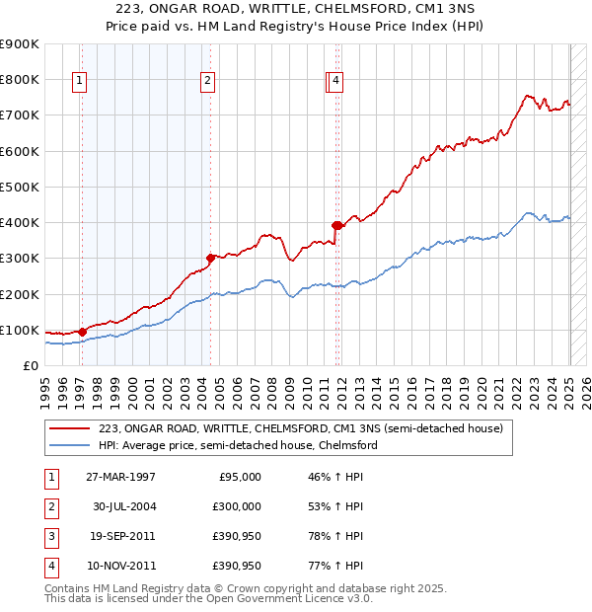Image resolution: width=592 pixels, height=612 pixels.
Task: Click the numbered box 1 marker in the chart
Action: pos(78,82)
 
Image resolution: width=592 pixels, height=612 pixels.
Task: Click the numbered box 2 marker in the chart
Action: pos(208,82)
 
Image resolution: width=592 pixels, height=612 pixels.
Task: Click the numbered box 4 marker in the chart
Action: pos(336,82)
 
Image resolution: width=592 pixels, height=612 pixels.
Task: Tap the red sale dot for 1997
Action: pos(82,332)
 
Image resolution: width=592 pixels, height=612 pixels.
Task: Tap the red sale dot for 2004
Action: pos(210,258)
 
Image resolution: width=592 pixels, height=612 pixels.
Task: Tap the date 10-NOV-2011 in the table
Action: pos(120,566)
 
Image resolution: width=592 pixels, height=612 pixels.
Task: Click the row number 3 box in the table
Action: pos(51,536)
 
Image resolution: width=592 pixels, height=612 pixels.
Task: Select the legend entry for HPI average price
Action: pos(237,445)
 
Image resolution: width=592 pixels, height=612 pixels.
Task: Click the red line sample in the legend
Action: pos(70,428)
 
